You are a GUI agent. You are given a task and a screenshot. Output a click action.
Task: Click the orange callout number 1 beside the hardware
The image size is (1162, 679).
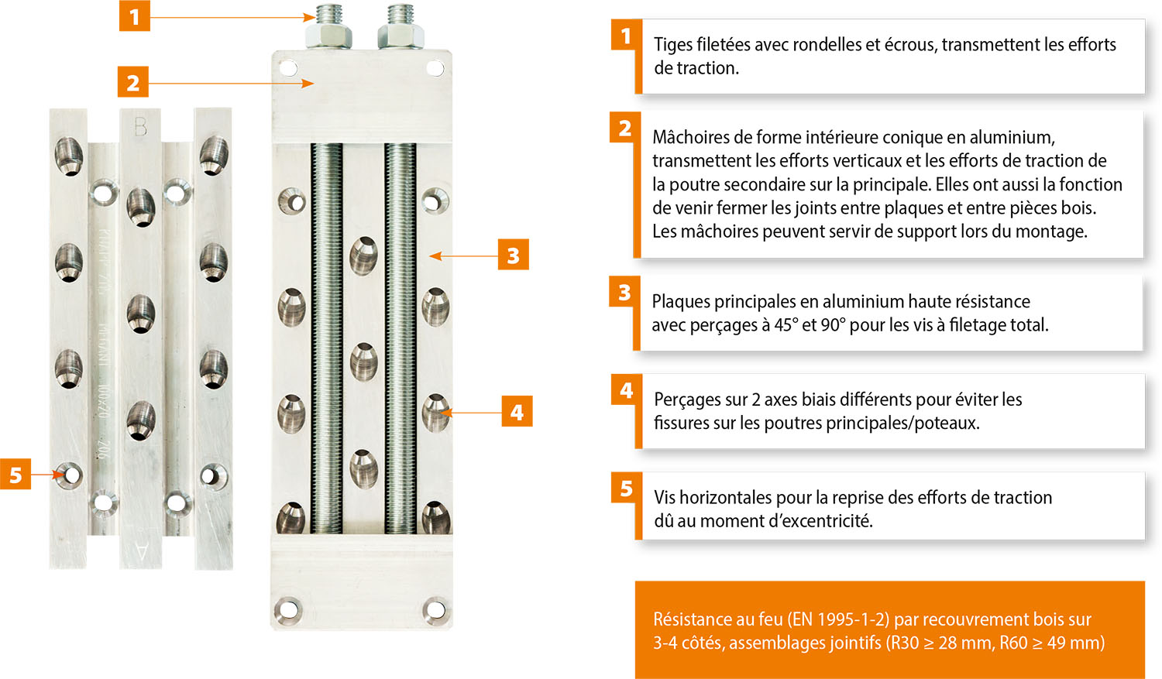(134, 15)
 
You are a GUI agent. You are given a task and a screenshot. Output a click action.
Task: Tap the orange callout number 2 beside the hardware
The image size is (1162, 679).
(132, 82)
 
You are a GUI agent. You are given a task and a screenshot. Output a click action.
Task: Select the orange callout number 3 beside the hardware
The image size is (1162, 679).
(513, 255)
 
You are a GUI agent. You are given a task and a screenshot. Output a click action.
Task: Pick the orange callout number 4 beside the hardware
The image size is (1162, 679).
(517, 412)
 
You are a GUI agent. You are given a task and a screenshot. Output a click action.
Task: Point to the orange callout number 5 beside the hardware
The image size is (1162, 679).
(15, 475)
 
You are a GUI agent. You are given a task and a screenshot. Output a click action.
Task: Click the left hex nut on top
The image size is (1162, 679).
(329, 36)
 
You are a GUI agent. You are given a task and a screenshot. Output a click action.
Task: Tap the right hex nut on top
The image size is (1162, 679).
(401, 36)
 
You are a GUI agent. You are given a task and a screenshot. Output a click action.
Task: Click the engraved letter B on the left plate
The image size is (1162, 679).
(140, 126)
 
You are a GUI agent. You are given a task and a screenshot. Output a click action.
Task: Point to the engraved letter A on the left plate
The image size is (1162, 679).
(140, 551)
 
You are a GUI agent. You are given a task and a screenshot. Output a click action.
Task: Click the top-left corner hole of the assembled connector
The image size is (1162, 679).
(288, 68)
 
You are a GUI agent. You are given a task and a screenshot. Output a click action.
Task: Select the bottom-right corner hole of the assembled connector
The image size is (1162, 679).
(435, 610)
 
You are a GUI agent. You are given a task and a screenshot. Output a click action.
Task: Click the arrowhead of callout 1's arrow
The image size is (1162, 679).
(310, 17)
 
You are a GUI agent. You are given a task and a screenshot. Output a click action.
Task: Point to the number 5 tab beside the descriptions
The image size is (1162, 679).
(626, 489)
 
